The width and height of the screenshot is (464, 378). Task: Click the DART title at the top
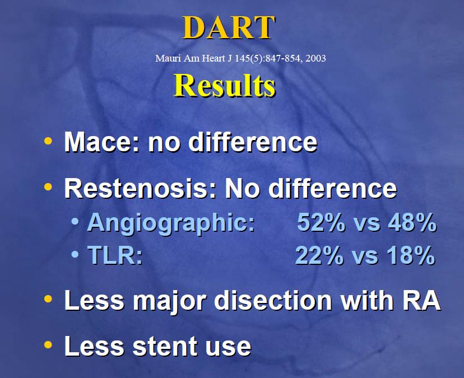[x=229, y=27]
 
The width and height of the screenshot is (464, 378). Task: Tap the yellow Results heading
[x=224, y=86]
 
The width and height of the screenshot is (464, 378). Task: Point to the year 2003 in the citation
[x=315, y=58]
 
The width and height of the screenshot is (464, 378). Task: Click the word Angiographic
[x=171, y=223]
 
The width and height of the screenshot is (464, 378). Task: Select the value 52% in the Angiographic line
[x=321, y=222]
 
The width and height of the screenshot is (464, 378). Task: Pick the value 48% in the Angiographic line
[x=412, y=222]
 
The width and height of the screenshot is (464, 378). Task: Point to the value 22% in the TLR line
[x=319, y=255]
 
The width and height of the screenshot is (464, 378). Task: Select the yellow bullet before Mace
[x=48, y=141]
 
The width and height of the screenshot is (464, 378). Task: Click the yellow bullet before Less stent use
[x=48, y=344]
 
